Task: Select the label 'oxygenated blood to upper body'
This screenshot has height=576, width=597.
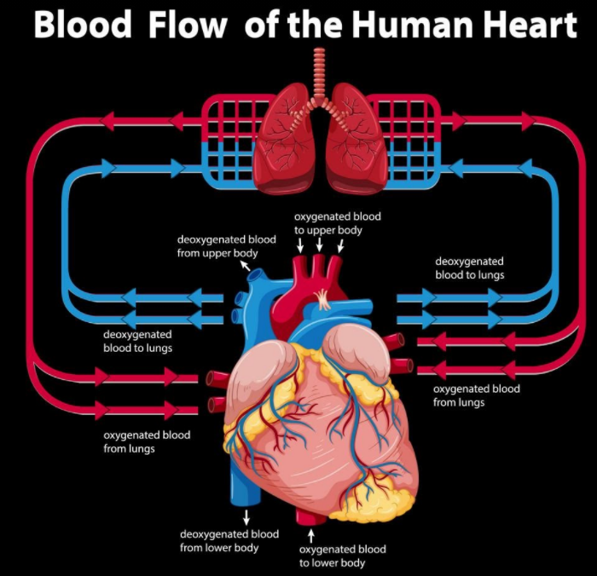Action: pos(337,223)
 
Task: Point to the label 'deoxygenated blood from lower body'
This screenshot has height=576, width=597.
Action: pos(229,540)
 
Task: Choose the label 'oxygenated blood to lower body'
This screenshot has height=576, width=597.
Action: pos(342,556)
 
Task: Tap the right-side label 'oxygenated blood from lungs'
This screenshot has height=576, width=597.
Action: pos(476,395)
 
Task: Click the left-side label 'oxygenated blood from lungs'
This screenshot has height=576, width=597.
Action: pos(147,441)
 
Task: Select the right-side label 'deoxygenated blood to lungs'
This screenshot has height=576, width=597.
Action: pos(469,268)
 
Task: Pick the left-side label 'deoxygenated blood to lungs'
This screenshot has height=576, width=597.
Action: pos(137,341)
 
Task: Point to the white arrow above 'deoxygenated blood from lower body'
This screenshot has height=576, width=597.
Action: pos(246,516)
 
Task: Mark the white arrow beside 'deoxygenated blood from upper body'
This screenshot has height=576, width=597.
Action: pos(246,267)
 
